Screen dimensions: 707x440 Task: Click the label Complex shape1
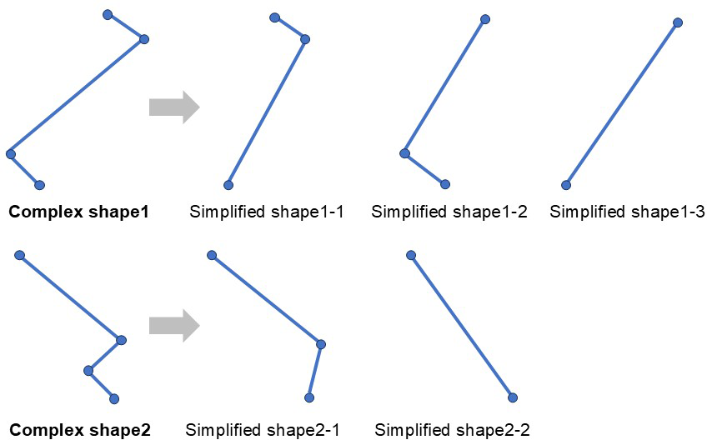point(78,212)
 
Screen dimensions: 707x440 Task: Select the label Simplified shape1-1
point(267,212)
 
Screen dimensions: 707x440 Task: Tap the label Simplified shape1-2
point(449,212)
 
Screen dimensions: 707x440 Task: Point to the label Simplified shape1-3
point(627,212)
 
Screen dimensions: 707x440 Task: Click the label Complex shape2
point(80,430)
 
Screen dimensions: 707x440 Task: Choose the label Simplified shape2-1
point(263,430)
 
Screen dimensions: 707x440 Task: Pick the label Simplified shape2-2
point(452,430)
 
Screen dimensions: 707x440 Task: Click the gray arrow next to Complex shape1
point(174,107)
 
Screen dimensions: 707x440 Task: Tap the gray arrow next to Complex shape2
point(174,326)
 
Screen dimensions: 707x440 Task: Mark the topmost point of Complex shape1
point(108,15)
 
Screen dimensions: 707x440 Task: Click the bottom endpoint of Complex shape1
point(40,185)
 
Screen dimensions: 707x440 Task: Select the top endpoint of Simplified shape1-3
point(677,22)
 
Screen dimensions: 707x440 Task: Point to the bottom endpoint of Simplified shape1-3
point(566,185)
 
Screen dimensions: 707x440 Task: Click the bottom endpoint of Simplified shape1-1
point(228,185)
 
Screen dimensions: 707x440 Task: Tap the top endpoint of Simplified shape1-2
point(484,19)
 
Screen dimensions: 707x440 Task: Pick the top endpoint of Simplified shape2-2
point(411,256)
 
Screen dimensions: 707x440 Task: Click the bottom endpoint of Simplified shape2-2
point(513,397)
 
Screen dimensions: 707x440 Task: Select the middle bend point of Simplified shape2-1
point(321,344)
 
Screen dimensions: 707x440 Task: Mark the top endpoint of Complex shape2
point(19,256)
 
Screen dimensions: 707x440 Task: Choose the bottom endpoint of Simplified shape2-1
point(308,397)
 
